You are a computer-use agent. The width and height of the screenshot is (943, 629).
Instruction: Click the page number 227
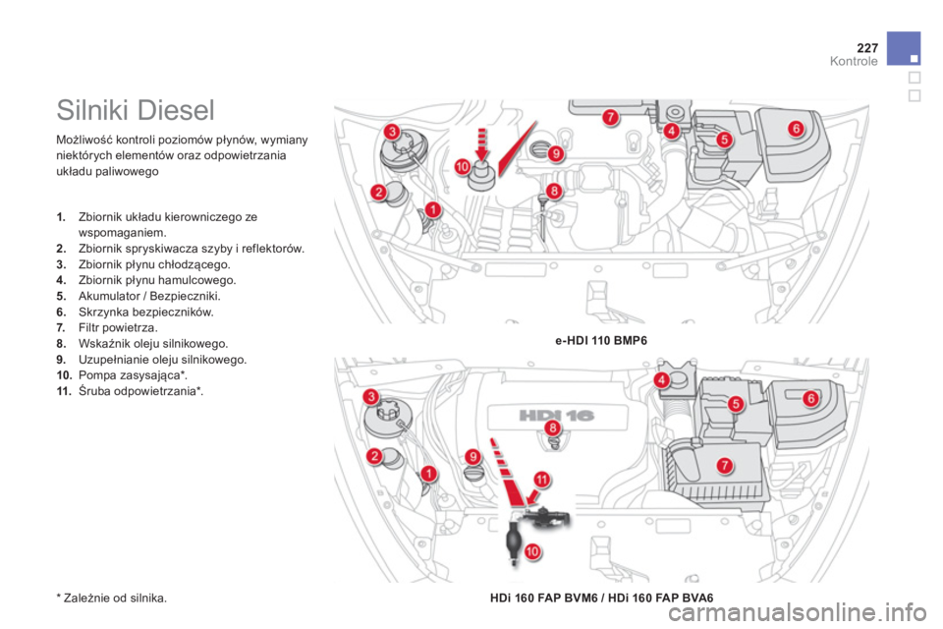[867, 47]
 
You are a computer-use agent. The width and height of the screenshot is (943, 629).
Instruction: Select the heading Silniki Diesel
[136, 110]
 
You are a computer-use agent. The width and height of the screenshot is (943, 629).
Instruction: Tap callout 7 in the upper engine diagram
[610, 117]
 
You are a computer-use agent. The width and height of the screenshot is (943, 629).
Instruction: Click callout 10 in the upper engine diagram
[462, 167]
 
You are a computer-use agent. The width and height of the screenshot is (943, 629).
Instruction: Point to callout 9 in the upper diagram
[556, 153]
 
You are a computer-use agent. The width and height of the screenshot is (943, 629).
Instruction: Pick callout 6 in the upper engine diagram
[796, 128]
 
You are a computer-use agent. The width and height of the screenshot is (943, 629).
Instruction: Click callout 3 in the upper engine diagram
[392, 132]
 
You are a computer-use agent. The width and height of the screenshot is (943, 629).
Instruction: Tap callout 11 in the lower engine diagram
[542, 480]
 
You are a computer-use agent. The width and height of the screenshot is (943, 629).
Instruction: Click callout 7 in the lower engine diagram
[725, 465]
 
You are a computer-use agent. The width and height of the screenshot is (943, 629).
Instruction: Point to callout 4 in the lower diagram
[661, 379]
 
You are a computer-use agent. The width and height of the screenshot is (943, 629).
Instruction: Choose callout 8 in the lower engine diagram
[552, 428]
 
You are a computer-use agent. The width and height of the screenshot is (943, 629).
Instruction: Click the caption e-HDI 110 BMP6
[601, 341]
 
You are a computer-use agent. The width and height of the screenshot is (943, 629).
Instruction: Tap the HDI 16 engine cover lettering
[556, 416]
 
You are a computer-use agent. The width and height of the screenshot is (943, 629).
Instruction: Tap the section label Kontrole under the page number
[854, 61]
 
